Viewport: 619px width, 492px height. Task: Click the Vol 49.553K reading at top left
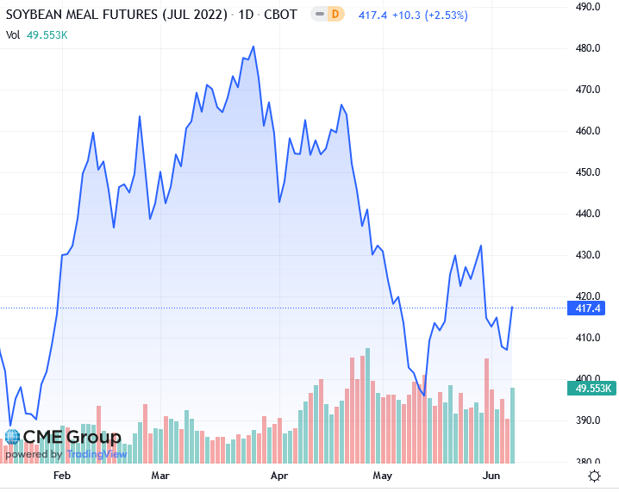[x=36, y=35]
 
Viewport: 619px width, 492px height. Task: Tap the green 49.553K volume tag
[x=591, y=389]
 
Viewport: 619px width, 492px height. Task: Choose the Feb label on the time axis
[x=61, y=476]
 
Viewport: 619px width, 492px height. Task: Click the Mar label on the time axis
[x=160, y=476]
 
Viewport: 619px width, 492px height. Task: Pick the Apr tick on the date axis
[x=278, y=476]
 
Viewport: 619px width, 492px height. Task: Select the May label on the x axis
[x=382, y=476]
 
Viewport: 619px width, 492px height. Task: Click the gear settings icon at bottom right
[x=594, y=476]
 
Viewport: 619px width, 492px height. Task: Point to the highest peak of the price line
[x=253, y=47]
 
